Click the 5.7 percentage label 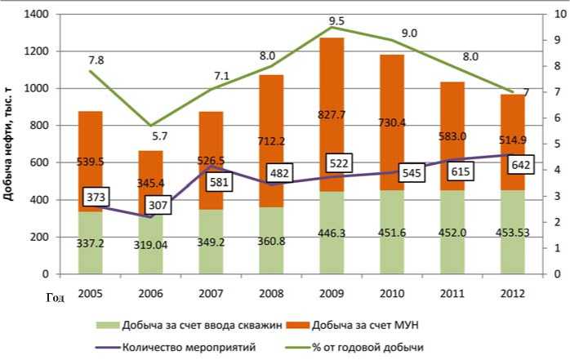pyautogui.click(x=158, y=135)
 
